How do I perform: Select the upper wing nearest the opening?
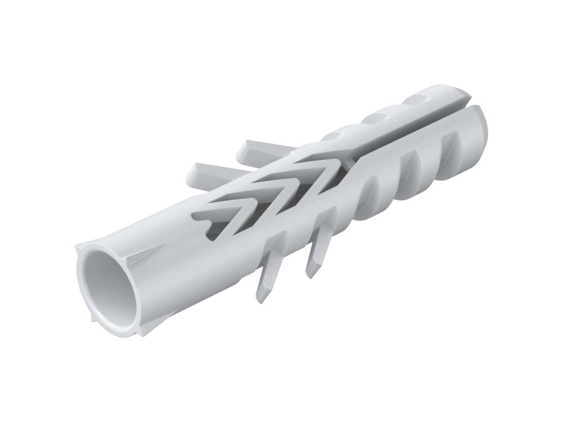[x=204, y=171]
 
